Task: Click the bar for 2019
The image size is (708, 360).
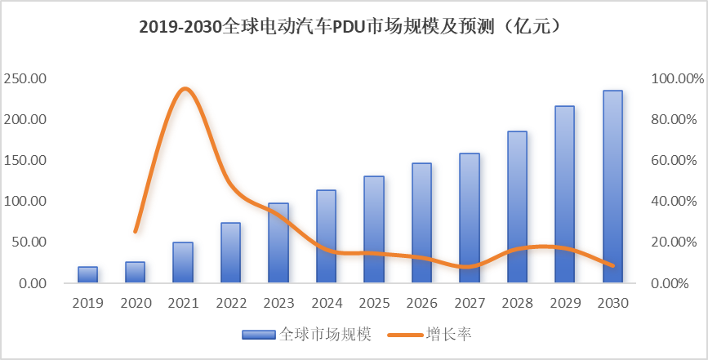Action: pyautogui.click(x=87, y=275)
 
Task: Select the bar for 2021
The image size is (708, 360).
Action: pyautogui.click(x=183, y=263)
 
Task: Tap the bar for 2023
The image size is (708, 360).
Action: pyautogui.click(x=278, y=243)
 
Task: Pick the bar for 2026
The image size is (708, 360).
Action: pyautogui.click(x=421, y=223)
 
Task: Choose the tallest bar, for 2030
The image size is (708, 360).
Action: pyautogui.click(x=612, y=187)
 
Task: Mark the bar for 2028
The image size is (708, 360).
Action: pyautogui.click(x=517, y=207)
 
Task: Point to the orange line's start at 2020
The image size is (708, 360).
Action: pyautogui.click(x=136, y=232)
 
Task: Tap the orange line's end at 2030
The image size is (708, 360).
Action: pyautogui.click(x=612, y=265)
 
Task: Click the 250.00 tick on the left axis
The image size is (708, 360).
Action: pyautogui.click(x=27, y=78)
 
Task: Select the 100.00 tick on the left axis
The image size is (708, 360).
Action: pyautogui.click(x=27, y=201)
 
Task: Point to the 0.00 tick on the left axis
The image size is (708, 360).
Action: pyautogui.click(x=33, y=283)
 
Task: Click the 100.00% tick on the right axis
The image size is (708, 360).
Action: pyautogui.click(x=677, y=78)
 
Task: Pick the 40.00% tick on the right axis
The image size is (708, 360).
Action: pyautogui.click(x=677, y=201)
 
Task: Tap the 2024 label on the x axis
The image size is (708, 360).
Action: pyautogui.click(x=326, y=303)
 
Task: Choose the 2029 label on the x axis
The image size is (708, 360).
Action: pyautogui.click(x=564, y=303)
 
